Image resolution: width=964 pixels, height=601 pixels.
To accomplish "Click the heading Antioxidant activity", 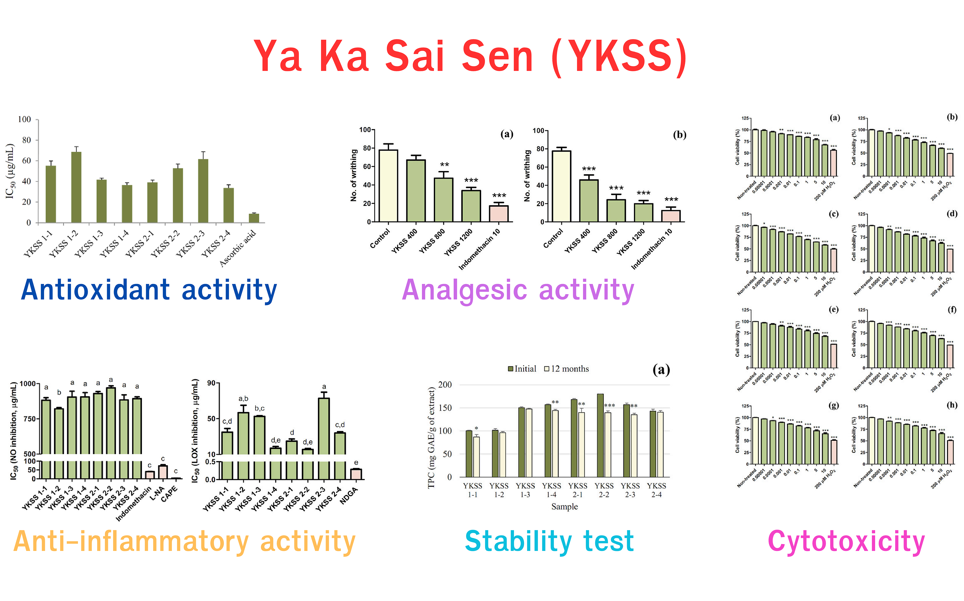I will [x=149, y=290].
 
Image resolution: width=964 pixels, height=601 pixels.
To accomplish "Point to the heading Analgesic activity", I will [x=518, y=290].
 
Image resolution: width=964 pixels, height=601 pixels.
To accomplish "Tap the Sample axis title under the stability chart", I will [x=564, y=506].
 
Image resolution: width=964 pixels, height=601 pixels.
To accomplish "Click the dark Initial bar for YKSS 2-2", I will [x=600, y=435].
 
